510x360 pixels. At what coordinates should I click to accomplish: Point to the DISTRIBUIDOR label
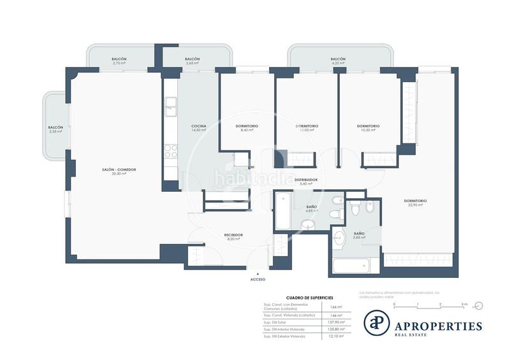click(305, 181)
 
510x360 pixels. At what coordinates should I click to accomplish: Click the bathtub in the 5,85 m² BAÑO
click(356, 264)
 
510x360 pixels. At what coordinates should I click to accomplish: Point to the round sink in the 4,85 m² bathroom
click(308, 224)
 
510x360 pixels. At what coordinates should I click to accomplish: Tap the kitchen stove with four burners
click(171, 151)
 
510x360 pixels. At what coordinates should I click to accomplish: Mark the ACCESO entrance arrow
click(258, 273)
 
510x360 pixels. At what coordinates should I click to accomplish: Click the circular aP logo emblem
click(376, 322)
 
